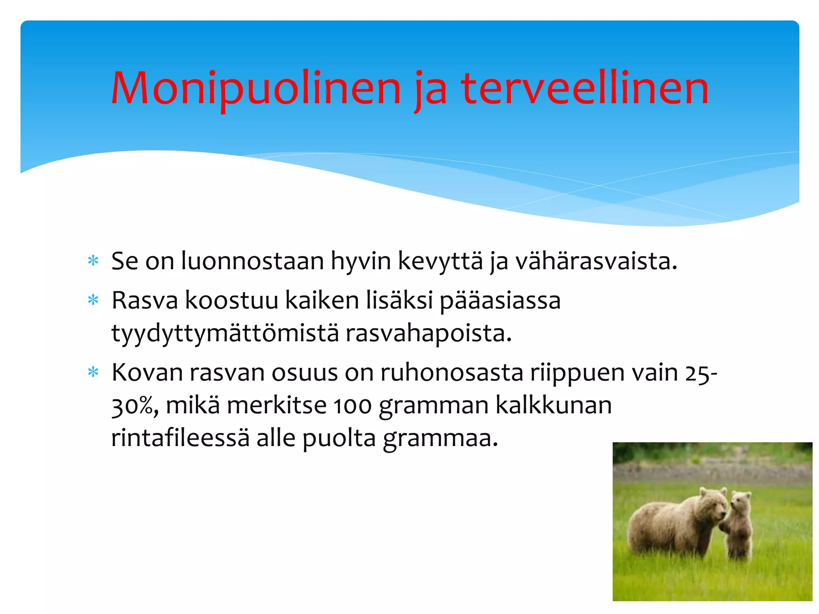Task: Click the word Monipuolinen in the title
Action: pyautogui.click(x=256, y=89)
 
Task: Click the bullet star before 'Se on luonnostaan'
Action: pyautogui.click(x=93, y=261)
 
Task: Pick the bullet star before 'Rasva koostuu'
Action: pyautogui.click(x=93, y=300)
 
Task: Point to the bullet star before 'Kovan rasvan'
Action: pyautogui.click(x=93, y=373)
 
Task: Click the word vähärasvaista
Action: pyautogui.click(x=596, y=261)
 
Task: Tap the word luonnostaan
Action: pyautogui.click(x=252, y=261)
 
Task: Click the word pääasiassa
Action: pyautogui.click(x=500, y=301)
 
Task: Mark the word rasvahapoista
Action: pyautogui.click(x=428, y=334)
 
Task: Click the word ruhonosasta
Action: pyautogui.click(x=451, y=373)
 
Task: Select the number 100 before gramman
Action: pyautogui.click(x=352, y=406)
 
